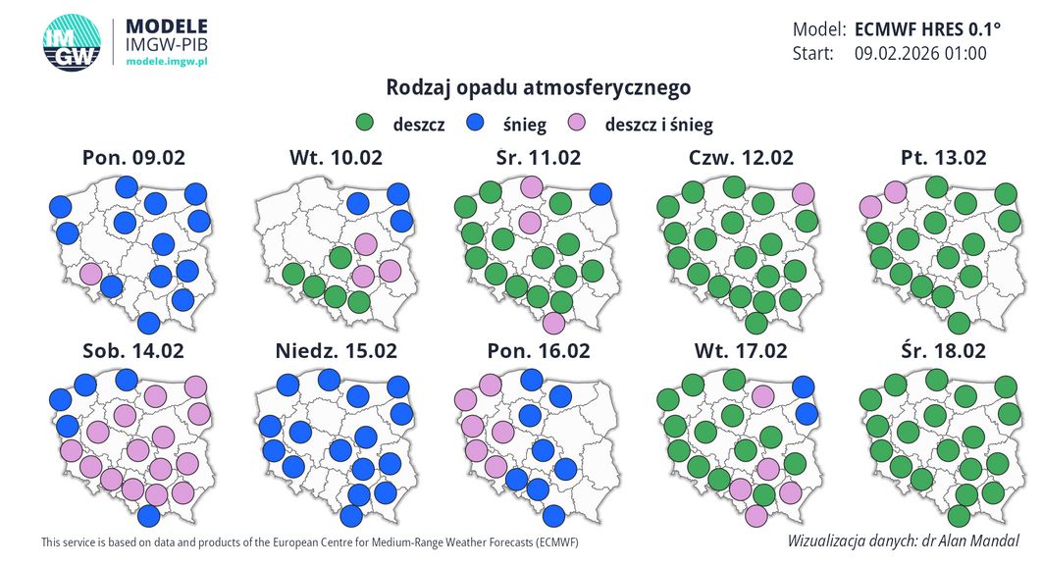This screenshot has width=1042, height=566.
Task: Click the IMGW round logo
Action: coord(73,43)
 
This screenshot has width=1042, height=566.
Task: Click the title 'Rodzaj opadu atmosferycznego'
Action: coord(539,87)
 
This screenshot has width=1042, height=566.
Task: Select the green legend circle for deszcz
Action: coord(365,124)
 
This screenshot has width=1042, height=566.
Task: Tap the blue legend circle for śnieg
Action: coord(476,124)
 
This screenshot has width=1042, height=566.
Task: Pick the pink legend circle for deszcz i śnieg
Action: coord(580,124)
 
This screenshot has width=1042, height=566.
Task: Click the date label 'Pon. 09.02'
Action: coord(133,157)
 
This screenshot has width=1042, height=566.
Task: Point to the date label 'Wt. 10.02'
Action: coord(336,157)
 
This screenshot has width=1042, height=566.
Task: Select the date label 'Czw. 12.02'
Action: coord(741,157)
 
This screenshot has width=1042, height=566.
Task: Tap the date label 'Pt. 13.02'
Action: coord(943,157)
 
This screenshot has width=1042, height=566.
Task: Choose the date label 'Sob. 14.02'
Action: coord(133,349)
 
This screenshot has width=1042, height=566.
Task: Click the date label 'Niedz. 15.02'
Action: coord(336,349)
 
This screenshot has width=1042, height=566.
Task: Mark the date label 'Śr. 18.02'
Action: coord(943,349)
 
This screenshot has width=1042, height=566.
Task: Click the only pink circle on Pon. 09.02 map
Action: coord(90,274)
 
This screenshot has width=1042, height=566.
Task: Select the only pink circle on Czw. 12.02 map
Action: coord(803,193)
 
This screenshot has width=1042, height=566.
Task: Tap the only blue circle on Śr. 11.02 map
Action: coord(600,193)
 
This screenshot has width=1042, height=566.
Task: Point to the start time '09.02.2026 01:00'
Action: coord(920,53)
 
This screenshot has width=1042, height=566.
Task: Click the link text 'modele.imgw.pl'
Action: coord(167,61)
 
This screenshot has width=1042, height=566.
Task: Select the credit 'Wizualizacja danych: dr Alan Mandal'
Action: coord(903,540)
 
